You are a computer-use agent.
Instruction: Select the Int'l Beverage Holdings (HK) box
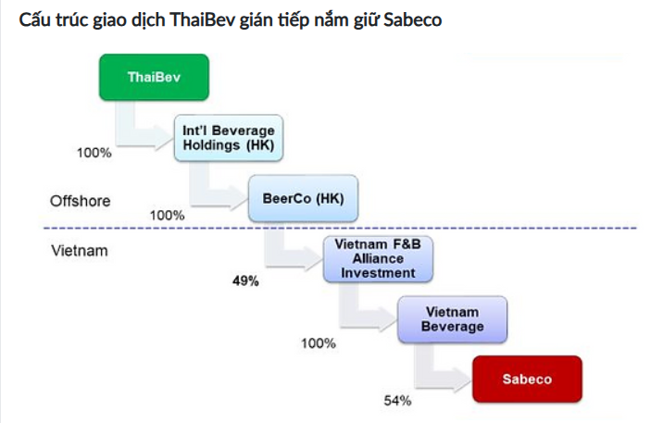(229, 138)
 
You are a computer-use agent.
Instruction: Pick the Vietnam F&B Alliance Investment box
(377, 259)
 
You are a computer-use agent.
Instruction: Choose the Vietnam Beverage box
(453, 319)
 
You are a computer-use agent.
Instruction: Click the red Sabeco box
(526, 379)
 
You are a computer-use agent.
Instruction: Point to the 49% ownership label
(246, 280)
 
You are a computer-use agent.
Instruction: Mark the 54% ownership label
(397, 401)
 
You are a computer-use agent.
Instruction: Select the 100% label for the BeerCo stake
(167, 215)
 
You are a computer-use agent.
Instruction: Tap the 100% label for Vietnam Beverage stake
(318, 343)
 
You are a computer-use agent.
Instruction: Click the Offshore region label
(80, 200)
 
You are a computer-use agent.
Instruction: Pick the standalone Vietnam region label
(79, 250)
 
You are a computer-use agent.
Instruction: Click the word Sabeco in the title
(411, 19)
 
